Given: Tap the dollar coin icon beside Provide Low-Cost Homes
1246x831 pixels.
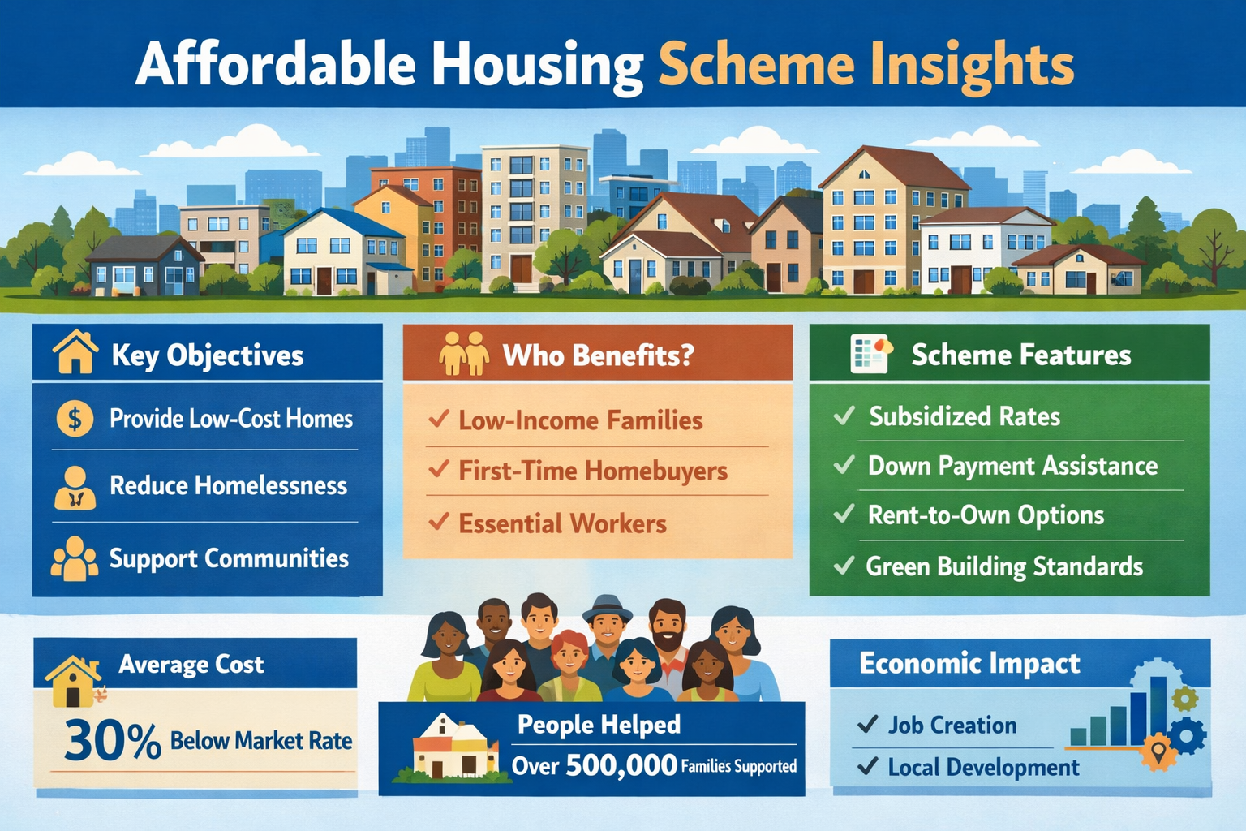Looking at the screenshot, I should coord(75,419).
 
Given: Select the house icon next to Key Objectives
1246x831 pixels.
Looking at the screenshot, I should coord(75,352).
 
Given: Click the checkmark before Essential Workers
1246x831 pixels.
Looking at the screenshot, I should coord(439,522).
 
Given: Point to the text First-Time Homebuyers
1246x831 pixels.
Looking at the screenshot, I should coord(592,471).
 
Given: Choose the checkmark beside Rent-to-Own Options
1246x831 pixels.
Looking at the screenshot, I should coord(844,514).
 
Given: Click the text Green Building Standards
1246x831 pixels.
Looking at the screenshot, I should coord(1004,566).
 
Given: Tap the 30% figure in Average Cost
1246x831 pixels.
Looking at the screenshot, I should coord(112,740).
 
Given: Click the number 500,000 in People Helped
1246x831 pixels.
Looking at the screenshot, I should coord(621,764).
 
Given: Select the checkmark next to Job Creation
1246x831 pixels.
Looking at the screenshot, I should coord(867,723).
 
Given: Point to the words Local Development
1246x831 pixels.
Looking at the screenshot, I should coord(983,767).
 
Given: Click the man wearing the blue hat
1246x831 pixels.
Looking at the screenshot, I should coord(607,626).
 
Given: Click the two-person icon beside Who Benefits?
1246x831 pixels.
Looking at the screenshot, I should coord(463,354).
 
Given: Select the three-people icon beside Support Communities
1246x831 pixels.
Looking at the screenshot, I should coord(75,558).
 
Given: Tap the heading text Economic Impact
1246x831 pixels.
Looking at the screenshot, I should coord(969,663).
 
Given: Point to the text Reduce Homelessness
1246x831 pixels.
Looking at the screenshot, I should coord(228,485).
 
